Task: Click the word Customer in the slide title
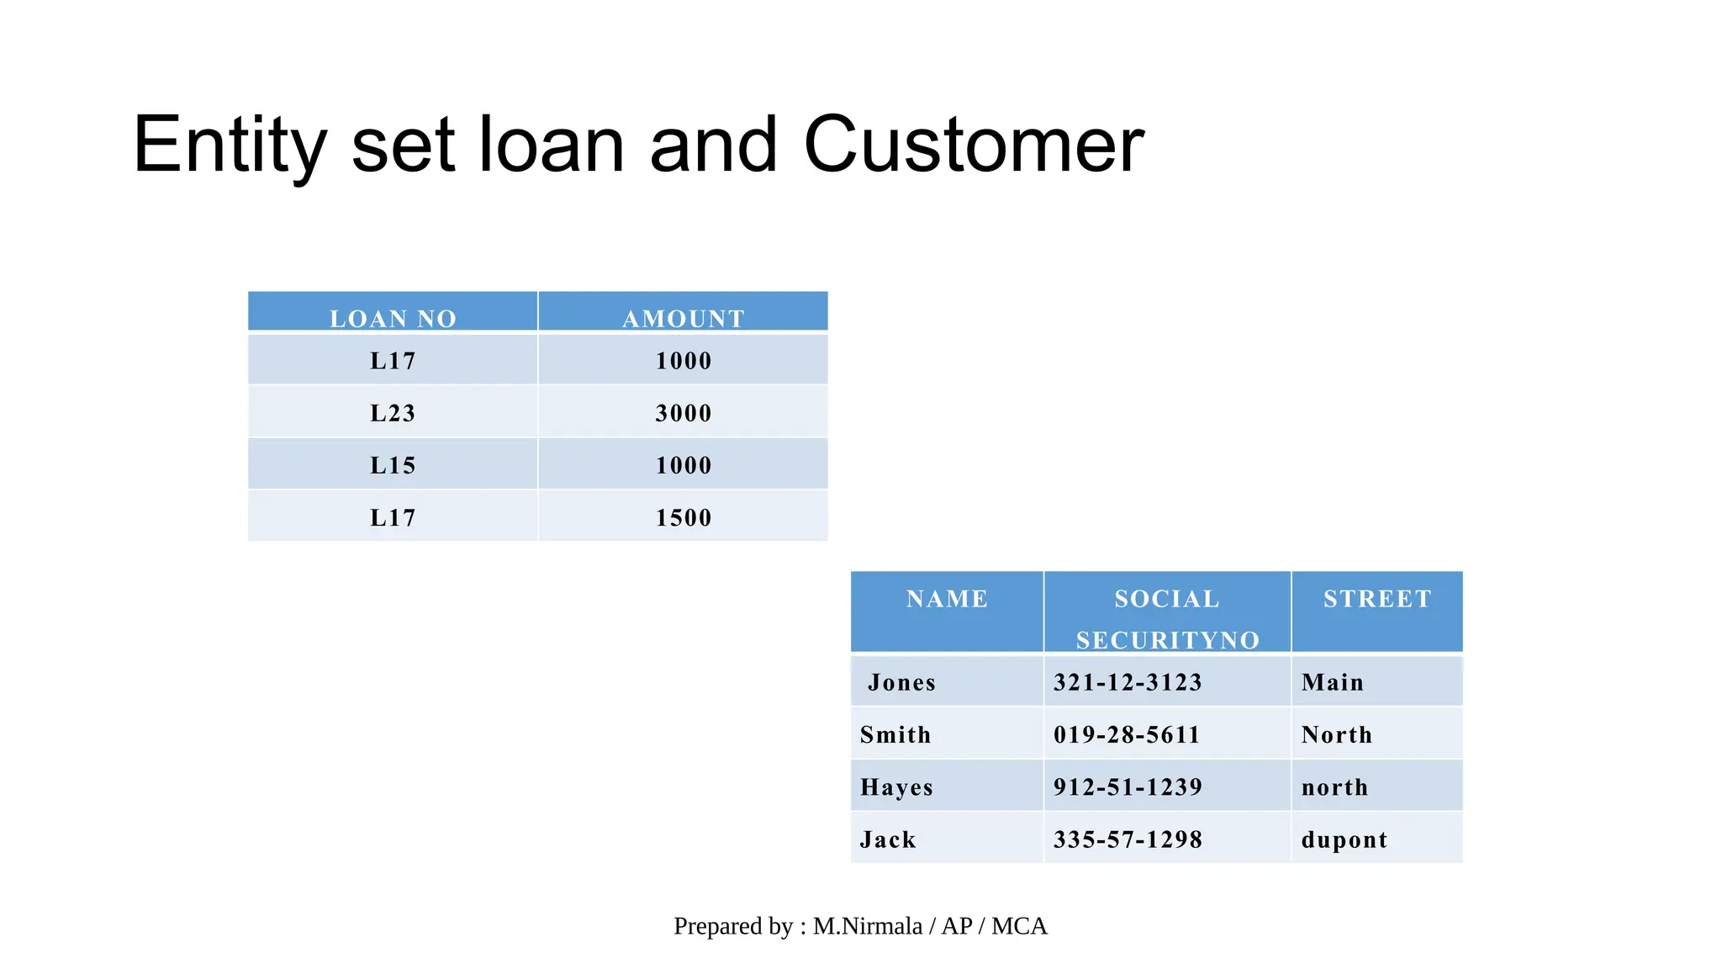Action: [973, 145]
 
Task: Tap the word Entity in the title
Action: [229, 145]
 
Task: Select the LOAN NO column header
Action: [393, 318]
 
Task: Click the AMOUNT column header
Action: [683, 318]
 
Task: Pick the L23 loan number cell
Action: [393, 413]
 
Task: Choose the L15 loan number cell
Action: [393, 465]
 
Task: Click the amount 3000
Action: [683, 413]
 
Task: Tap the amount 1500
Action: [683, 517]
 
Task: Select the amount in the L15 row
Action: [683, 465]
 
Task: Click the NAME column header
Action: [947, 599]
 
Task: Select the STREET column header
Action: [1377, 599]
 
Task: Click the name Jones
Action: [901, 682]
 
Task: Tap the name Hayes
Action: [896, 787]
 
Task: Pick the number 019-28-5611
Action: [1127, 735]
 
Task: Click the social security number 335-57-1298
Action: [1128, 839]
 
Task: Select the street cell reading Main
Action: [1332, 682]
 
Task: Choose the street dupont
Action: [1344, 839]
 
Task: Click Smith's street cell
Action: [1336, 735]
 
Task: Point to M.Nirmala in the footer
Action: [867, 926]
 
